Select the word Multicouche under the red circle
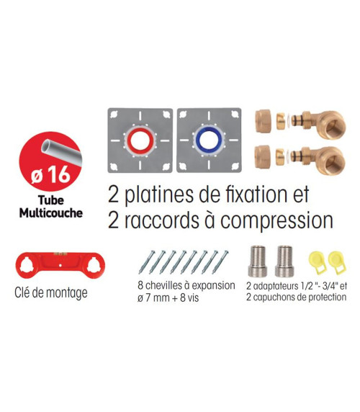pyautogui.click(x=51, y=212)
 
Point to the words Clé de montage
pyautogui.click(x=51, y=292)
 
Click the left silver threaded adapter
pyautogui.click(x=257, y=261)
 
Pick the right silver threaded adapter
pyautogui.click(x=284, y=261)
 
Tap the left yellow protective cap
pyautogui.click(x=318, y=262)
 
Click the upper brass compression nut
pyautogui.click(x=263, y=122)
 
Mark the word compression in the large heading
pyautogui.click(x=276, y=220)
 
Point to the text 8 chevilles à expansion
pyautogui.click(x=186, y=286)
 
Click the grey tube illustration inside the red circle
pyautogui.click(x=61, y=153)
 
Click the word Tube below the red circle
pyautogui.click(x=51, y=200)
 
